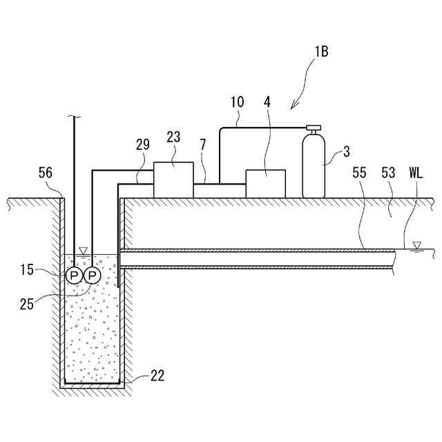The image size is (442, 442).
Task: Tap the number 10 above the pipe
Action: [237, 102]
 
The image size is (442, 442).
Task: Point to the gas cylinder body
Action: [314, 167]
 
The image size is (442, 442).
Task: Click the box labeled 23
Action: [173, 180]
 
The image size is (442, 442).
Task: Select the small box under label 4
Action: [266, 184]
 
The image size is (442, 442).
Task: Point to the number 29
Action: [143, 146]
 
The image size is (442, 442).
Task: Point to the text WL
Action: [418, 173]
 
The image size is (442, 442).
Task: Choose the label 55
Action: [360, 173]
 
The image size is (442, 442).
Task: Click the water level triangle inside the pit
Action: [83, 250]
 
